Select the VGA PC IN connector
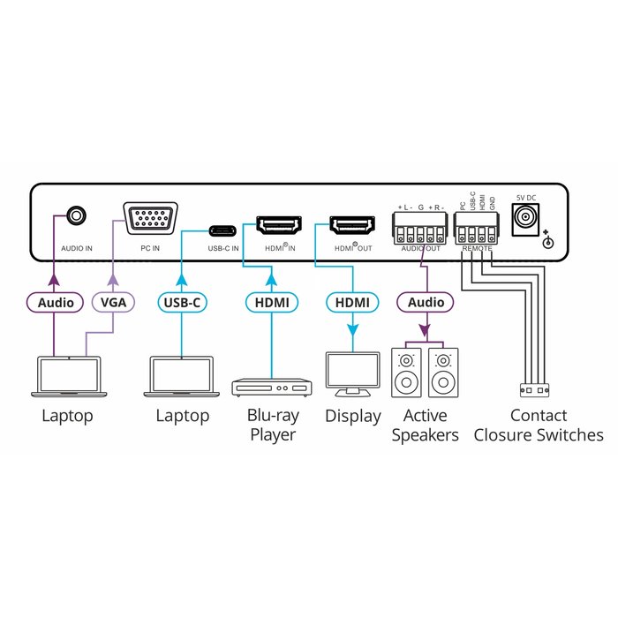point(149,218)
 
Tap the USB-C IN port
point(222,231)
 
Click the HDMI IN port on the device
point(279,224)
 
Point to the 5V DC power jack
point(528,218)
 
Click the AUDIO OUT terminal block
point(420,233)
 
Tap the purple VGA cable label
point(112,302)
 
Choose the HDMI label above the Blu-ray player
point(271,302)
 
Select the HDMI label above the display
point(352,302)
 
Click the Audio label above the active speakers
point(426,302)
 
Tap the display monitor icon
point(352,373)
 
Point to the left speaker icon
point(407,373)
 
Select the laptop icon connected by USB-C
point(181,376)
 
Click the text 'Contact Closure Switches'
point(539,425)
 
